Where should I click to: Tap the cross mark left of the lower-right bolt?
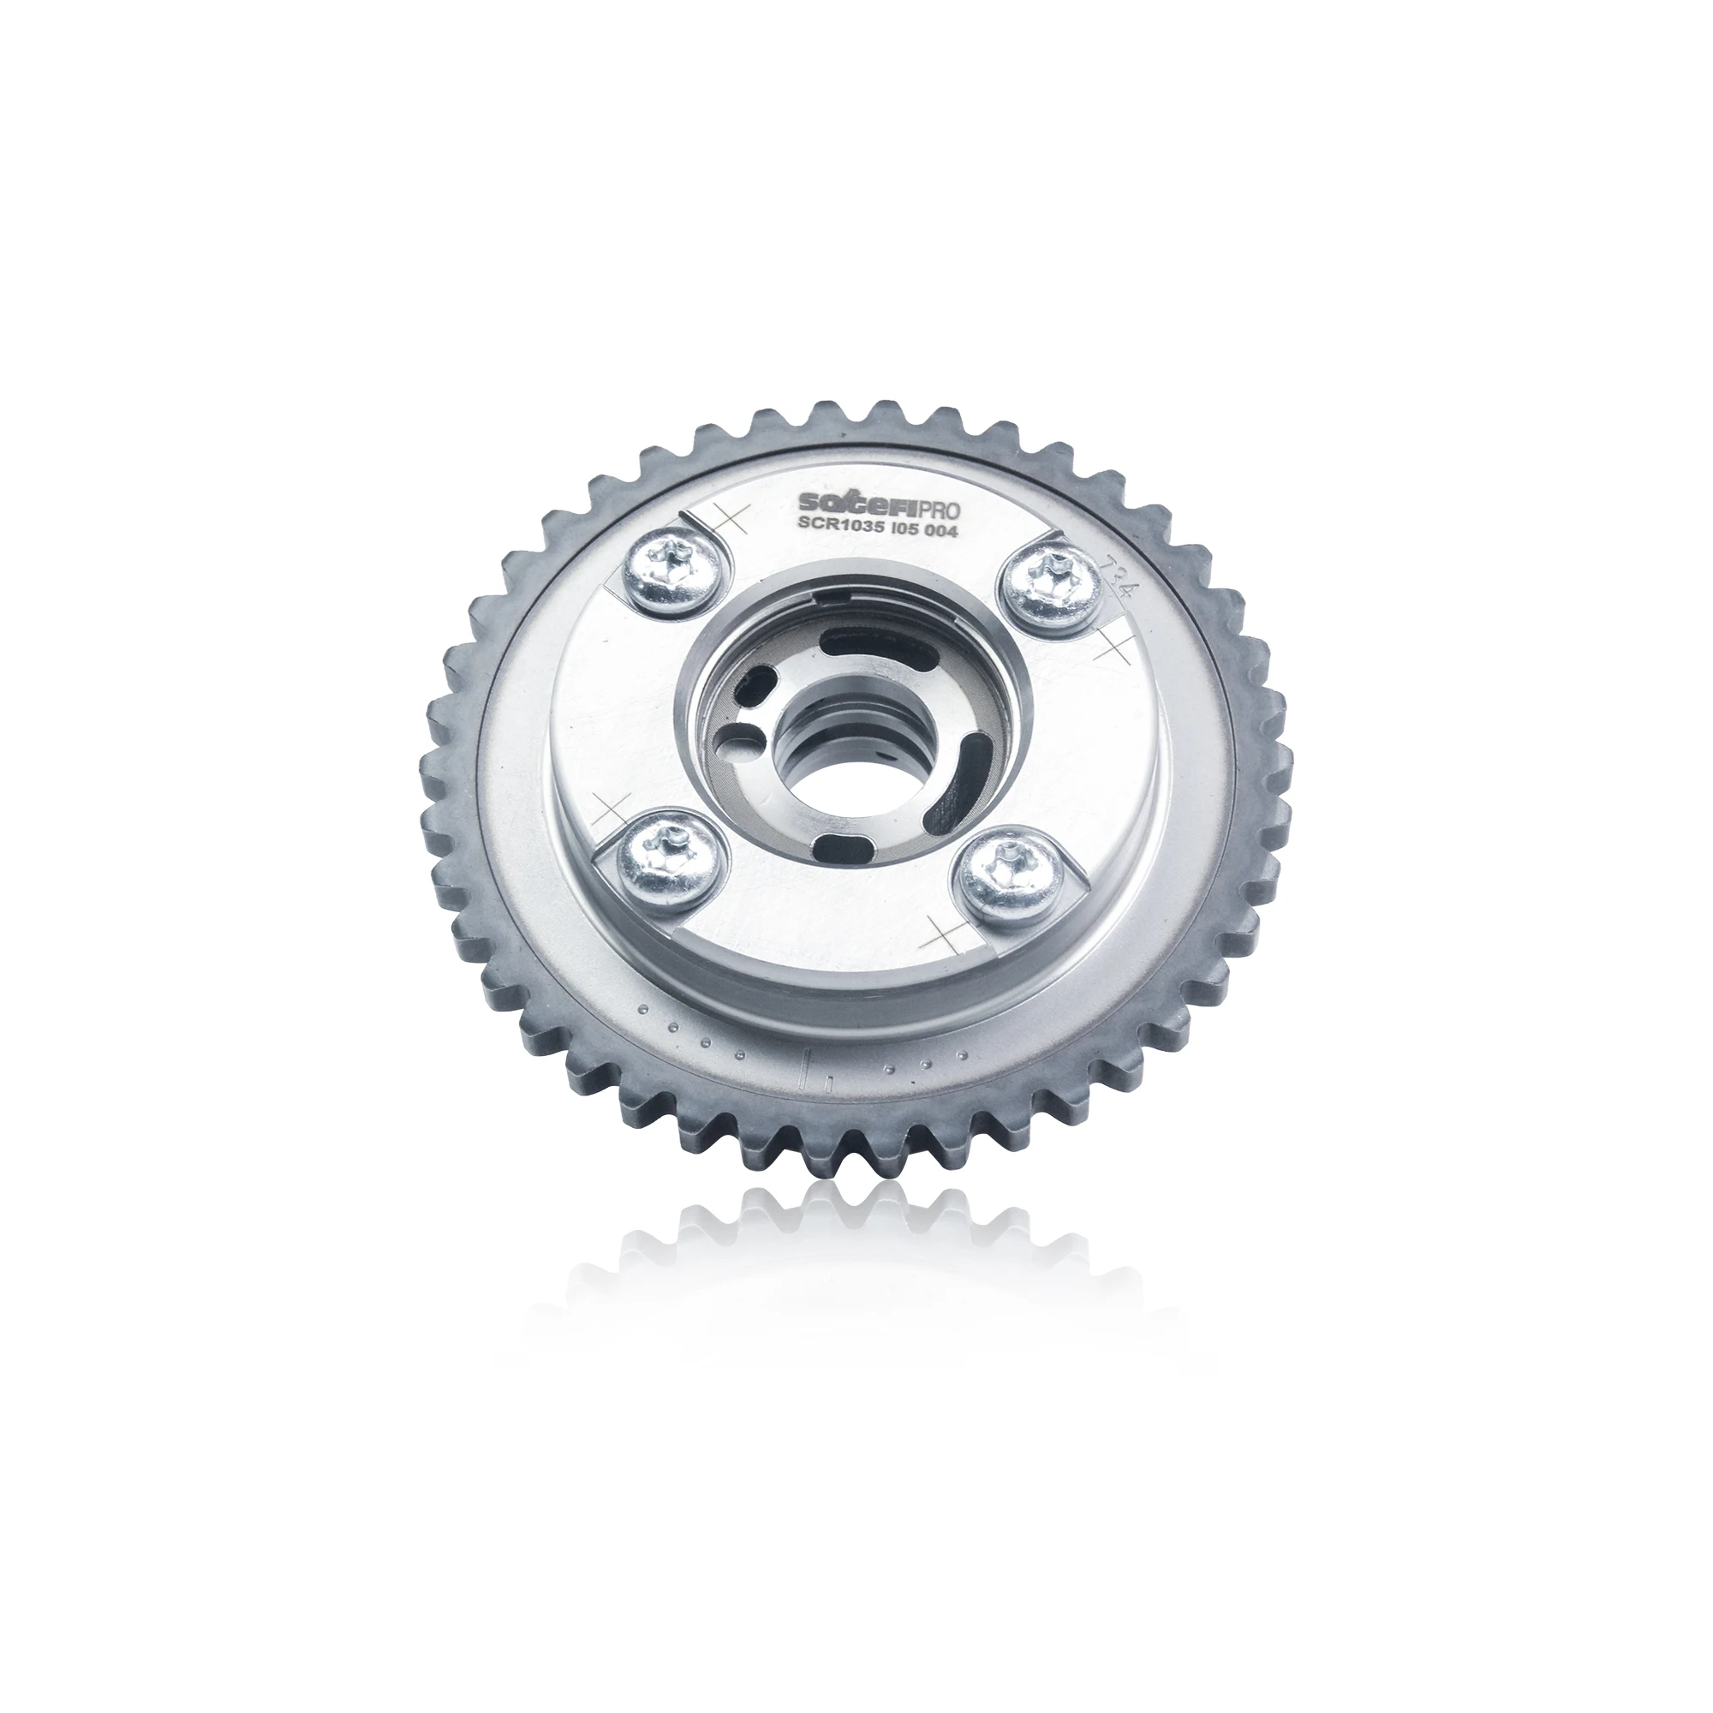pos(942,934)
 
